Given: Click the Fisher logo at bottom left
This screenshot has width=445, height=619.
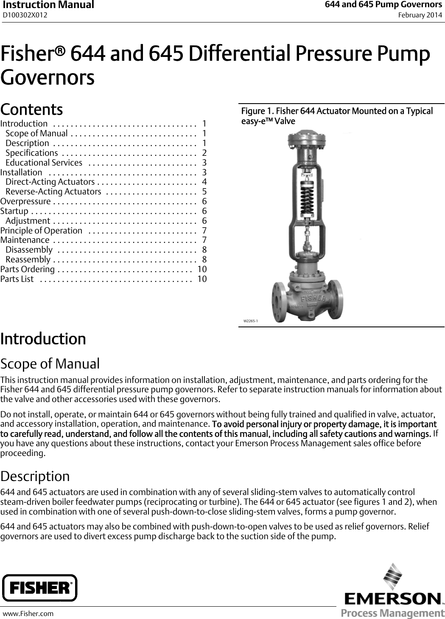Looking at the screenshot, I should click(40, 588).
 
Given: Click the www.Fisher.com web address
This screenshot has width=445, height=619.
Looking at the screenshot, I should click(28, 613).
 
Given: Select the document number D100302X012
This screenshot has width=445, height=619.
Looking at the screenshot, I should click(25, 15).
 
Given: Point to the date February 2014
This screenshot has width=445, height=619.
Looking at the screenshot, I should click(420, 15).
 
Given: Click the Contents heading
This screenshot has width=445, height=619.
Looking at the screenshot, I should click(32, 109).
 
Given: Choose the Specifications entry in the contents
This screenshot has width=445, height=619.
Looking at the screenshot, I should click(32, 153).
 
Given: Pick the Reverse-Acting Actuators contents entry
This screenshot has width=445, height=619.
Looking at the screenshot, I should click(53, 191).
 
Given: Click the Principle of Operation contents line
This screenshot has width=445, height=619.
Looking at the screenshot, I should click(42, 231).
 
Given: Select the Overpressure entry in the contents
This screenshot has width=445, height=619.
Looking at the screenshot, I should click(26, 201).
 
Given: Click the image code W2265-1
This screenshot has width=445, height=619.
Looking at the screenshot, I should click(250, 321).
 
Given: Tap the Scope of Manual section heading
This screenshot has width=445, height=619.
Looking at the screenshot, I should click(50, 364).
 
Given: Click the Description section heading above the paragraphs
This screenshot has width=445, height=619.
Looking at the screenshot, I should click(35, 476).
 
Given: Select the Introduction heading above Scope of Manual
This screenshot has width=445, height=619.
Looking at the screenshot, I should click(43, 339).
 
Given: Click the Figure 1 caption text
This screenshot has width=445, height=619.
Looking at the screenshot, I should click(337, 116).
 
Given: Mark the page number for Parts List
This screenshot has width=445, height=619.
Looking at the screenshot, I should click(202, 279).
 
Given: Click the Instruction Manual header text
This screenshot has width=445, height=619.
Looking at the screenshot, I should click(48, 5).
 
